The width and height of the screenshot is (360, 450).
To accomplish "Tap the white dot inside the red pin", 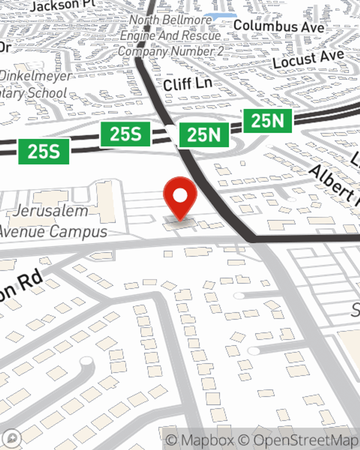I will tap(180, 196).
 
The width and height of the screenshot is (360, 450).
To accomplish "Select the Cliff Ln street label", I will tap(187, 84).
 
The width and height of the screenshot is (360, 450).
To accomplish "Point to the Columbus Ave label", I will tap(279, 26).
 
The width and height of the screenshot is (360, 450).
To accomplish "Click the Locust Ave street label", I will tap(308, 59).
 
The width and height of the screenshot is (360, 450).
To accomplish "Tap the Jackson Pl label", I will tap(63, 5).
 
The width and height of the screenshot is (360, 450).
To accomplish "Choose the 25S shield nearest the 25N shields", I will tap(125, 134).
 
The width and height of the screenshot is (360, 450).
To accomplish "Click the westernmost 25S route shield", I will tap(44, 151).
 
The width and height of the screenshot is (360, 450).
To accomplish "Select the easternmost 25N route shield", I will tap(267, 121).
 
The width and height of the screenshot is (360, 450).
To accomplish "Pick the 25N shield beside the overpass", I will tap(204, 135).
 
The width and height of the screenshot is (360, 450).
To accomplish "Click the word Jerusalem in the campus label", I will tap(50, 211).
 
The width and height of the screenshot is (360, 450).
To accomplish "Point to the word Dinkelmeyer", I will tap(36, 76).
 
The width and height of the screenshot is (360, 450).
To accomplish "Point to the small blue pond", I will tap(220, 16).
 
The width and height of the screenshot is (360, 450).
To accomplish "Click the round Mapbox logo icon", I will tap(12, 438).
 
